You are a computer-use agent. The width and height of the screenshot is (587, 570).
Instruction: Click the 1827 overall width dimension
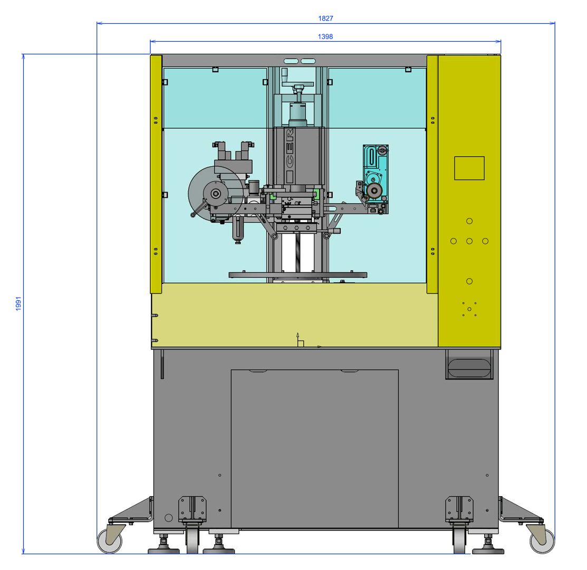[x=325, y=18]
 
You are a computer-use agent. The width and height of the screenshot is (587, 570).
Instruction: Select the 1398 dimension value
[x=325, y=36]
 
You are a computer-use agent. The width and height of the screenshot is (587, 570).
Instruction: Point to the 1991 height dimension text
[x=18, y=304]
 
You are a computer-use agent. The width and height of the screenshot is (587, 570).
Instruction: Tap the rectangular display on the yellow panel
[x=469, y=168]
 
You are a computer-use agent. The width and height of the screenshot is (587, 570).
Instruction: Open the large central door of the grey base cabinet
[x=314, y=449]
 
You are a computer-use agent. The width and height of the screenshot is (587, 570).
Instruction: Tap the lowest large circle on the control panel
[x=469, y=281]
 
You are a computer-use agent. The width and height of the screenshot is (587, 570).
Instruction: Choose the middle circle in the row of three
[x=469, y=241]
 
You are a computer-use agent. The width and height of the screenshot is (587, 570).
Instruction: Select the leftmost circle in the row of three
[x=453, y=241]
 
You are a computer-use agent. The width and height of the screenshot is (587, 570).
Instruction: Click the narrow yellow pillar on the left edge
[x=156, y=174]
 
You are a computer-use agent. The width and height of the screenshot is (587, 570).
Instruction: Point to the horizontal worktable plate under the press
[x=298, y=274]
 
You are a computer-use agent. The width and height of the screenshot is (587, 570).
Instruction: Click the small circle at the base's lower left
[x=169, y=518]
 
